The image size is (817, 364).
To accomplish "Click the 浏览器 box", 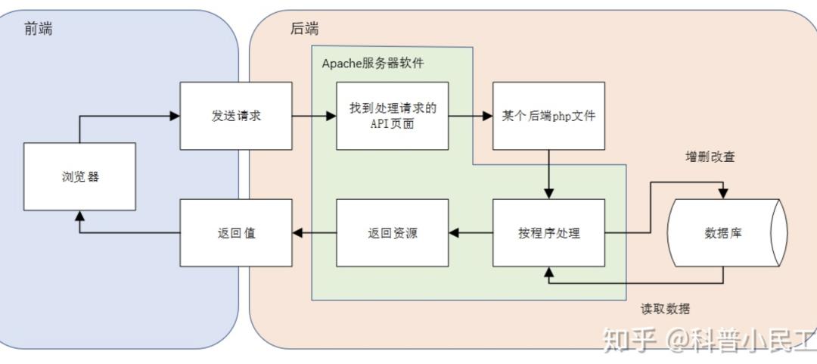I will [x=80, y=177].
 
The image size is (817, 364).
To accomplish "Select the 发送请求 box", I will [x=236, y=117].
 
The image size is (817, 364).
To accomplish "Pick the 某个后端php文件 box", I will [x=548, y=117].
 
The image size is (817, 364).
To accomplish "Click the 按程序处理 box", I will [x=548, y=233].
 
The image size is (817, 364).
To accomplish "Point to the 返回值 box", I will [x=236, y=233].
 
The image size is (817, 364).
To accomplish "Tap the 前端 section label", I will [x=38, y=29].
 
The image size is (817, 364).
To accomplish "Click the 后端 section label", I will [x=304, y=29].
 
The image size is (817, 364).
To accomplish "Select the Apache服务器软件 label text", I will [x=373, y=64].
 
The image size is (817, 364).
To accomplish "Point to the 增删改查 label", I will [x=710, y=157].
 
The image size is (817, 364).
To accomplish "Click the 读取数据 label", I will [x=665, y=309].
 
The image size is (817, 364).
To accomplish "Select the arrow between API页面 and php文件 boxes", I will [x=471, y=117].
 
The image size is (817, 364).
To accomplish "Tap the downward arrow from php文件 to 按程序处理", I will [x=548, y=175].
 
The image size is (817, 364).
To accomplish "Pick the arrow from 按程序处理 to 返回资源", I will [x=471, y=233].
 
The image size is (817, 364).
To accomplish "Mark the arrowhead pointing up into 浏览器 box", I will [x=80, y=215].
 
